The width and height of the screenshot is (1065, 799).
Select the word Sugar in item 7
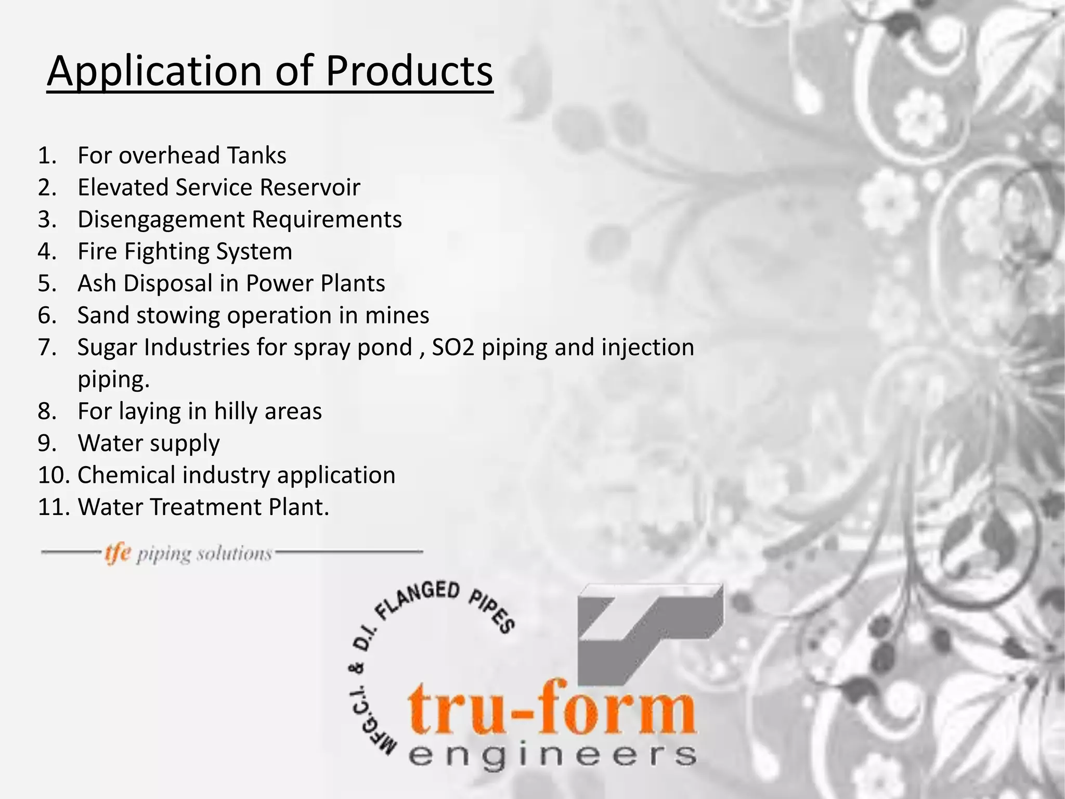[x=107, y=347]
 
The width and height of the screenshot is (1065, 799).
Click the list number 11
[x=53, y=507]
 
